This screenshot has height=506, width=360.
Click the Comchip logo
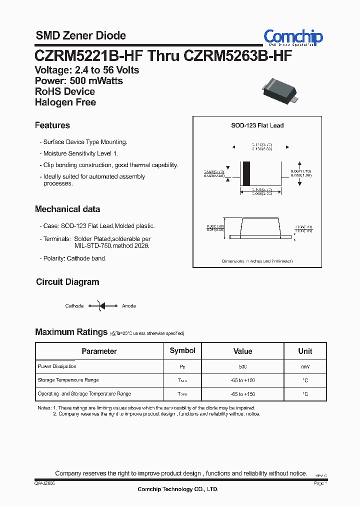(293, 37)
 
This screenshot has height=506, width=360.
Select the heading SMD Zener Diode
(80, 35)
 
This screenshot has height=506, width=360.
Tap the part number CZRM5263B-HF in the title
(238, 55)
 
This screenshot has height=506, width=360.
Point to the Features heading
(52, 125)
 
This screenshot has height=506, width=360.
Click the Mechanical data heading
(67, 209)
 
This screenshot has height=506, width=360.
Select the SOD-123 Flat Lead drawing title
(257, 125)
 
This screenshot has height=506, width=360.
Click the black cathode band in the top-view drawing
(246, 173)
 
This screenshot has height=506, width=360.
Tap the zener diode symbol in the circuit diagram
(101, 305)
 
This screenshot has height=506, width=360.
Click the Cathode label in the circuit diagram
(74, 306)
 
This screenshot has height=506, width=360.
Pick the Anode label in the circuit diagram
(129, 306)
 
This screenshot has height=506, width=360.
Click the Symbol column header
(182, 350)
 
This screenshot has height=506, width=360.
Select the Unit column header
(305, 351)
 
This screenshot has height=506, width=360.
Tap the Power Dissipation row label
(57, 366)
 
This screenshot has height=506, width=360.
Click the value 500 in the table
(242, 367)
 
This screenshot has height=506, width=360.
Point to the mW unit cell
(305, 367)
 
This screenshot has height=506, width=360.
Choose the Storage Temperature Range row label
(68, 380)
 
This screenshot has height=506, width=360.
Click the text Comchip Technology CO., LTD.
(178, 489)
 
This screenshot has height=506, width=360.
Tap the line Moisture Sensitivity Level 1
(81, 153)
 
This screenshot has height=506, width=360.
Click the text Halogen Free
(65, 102)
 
